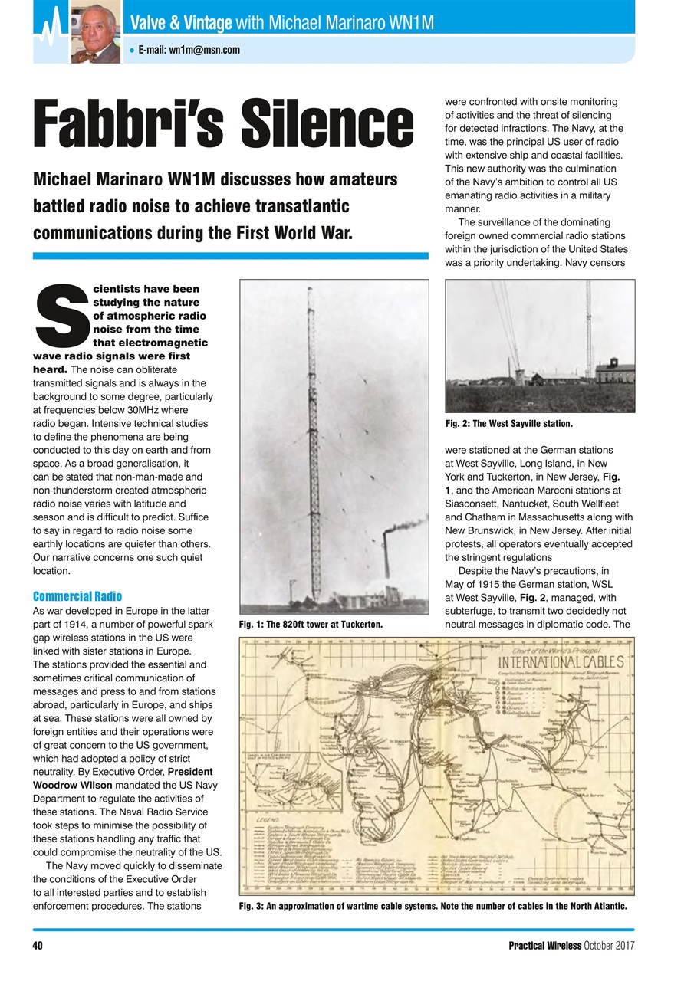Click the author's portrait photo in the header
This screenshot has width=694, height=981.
coord(95,31)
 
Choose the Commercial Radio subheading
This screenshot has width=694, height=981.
coord(77,596)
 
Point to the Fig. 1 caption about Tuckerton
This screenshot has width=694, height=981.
coord(311,625)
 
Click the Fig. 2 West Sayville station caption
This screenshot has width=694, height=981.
coord(509,423)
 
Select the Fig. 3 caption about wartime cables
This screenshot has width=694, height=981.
coord(433,907)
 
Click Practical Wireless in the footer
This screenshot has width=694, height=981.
coord(545,944)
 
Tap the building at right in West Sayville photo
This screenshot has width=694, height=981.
coord(613,373)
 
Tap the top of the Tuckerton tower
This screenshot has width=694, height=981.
coord(308,290)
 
